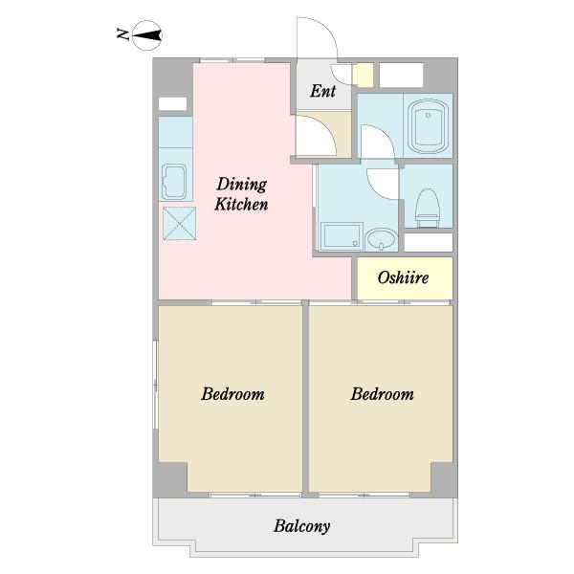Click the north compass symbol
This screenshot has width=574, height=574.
146,35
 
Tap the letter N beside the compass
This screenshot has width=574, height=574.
123,33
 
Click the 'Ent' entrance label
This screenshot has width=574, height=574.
323,91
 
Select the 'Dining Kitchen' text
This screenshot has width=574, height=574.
241,194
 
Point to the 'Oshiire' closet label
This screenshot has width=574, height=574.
403,277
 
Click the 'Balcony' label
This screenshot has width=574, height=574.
302,527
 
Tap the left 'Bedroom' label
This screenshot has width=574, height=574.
232,394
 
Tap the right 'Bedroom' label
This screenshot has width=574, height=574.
382,394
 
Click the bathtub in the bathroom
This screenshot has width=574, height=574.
428,126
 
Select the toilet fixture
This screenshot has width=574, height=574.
428,208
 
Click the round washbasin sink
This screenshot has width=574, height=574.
382,239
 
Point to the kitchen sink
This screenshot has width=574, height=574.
174,182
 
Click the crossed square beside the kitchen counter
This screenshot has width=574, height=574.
180,223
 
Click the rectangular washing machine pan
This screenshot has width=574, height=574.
342,236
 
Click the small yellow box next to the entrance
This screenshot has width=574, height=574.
363,75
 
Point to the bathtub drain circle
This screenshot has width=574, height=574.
428,116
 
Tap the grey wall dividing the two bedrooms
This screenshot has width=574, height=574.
306,399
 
